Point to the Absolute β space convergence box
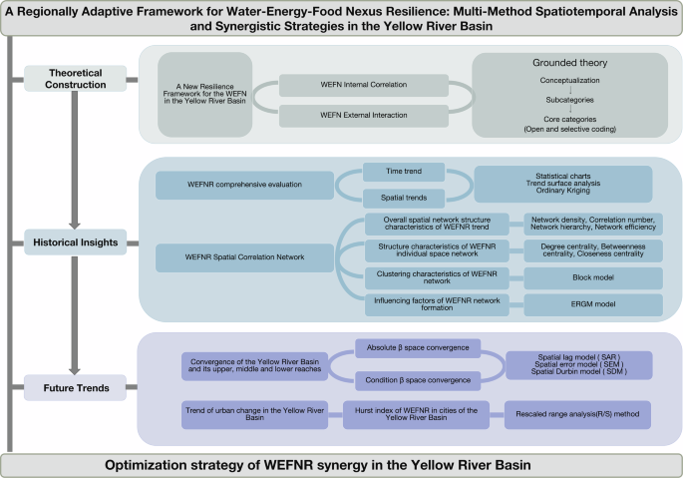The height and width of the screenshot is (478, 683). (418, 348)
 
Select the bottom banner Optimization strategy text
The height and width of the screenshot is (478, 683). (340, 464)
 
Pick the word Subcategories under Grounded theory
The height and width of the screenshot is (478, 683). (557, 99)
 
